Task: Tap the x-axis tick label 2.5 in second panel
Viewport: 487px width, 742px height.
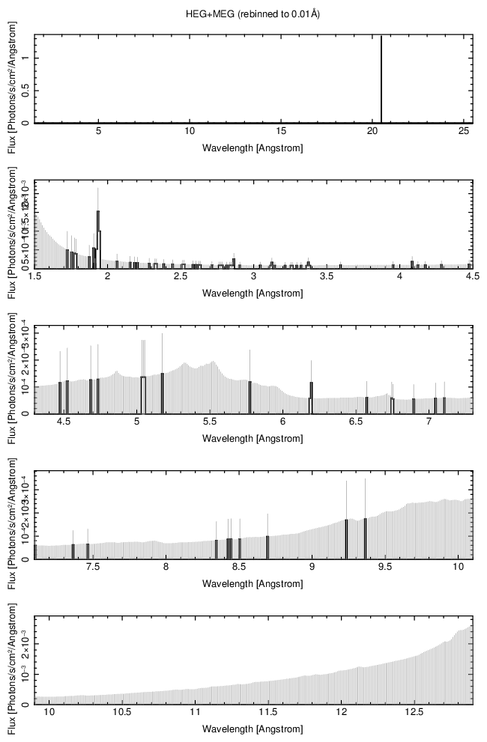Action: [x=180, y=277]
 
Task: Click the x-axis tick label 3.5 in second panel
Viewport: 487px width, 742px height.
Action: [x=326, y=277]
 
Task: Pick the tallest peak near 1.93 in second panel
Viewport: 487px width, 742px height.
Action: [x=98, y=225]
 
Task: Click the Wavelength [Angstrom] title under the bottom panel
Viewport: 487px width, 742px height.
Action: [x=252, y=728]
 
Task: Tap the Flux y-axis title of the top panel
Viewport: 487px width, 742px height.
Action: [x=11, y=79]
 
